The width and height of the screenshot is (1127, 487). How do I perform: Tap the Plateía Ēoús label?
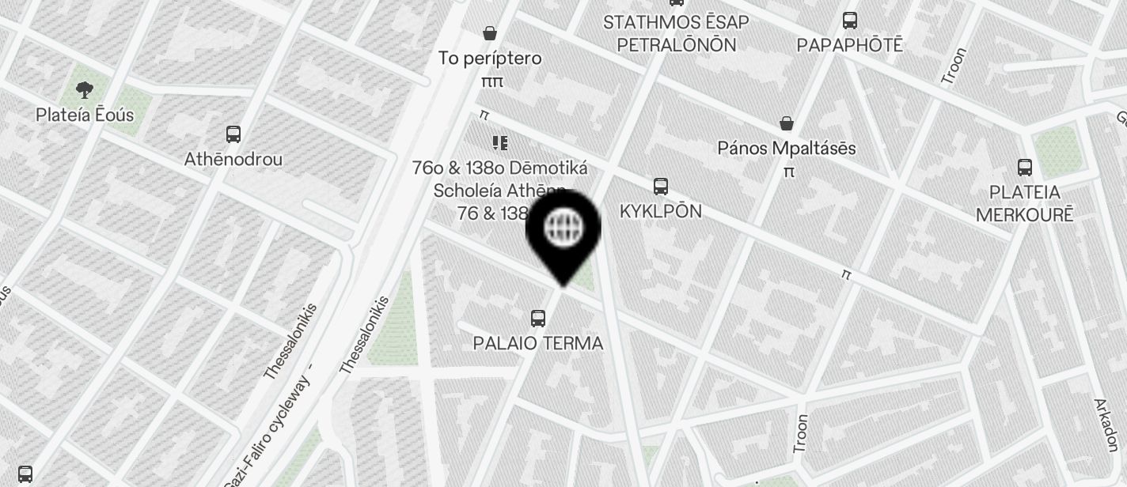tap(85, 115)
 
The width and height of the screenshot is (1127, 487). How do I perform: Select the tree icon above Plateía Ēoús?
tap(84, 90)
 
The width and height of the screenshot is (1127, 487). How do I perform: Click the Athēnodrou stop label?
tap(233, 159)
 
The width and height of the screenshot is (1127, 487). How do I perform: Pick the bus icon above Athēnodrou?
tap(233, 134)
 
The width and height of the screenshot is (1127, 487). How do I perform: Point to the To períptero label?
tap(490, 58)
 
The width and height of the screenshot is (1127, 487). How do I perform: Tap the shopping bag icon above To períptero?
tap(490, 33)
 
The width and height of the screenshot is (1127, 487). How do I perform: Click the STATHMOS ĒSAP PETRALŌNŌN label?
tap(676, 33)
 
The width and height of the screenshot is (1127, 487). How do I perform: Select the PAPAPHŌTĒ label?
tap(849, 45)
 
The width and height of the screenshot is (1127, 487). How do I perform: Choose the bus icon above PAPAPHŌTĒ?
tap(850, 21)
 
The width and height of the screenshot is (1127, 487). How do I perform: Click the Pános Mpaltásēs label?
tap(787, 148)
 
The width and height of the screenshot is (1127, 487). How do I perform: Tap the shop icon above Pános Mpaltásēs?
tap(787, 123)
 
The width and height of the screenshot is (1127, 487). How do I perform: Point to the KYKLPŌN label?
tap(661, 211)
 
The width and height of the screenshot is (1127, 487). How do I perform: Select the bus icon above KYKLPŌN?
tap(661, 187)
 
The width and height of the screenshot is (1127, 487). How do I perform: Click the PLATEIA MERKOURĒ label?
tap(1024, 203)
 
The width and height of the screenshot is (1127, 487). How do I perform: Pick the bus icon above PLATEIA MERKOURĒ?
tap(1025, 167)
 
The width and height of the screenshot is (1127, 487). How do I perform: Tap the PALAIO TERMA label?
tap(538, 343)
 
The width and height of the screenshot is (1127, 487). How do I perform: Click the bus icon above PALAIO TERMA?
tap(538, 319)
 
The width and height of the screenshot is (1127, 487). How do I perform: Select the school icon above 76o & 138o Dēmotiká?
tap(499, 143)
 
